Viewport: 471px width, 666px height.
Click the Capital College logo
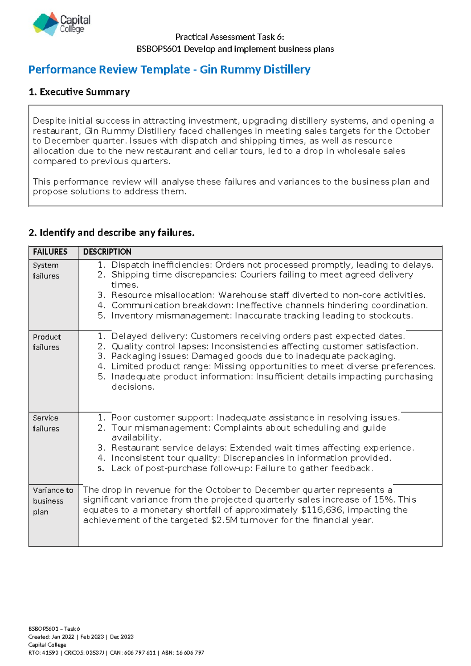click(62, 24)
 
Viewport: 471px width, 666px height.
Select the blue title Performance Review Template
click(109, 70)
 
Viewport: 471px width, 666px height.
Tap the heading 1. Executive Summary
click(79, 92)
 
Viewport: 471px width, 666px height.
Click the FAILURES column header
click(50, 252)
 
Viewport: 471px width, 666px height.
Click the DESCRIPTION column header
click(107, 252)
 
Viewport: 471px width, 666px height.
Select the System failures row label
click(46, 271)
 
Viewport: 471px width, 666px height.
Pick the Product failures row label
click(47, 342)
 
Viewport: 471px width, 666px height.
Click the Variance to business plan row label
click(53, 501)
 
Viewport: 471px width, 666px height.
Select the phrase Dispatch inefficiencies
click(161, 265)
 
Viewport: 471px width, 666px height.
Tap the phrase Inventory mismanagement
click(171, 316)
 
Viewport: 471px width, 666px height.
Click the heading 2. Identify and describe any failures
click(111, 232)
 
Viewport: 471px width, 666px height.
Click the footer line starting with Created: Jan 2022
click(81, 637)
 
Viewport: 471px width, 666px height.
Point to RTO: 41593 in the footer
click(43, 653)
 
